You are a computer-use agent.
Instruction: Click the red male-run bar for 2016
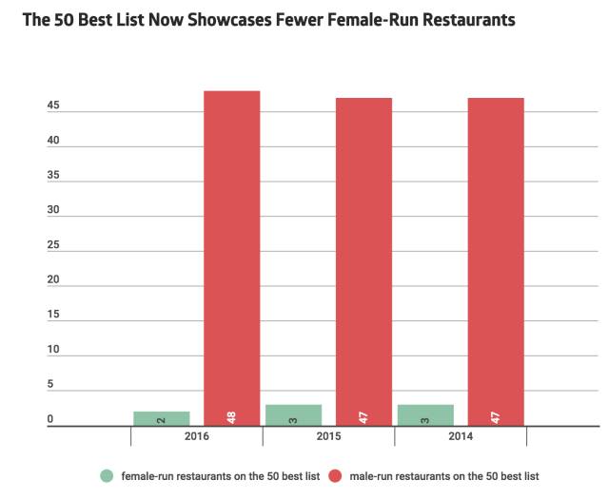[231, 258]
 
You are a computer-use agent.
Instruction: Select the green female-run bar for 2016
[161, 418]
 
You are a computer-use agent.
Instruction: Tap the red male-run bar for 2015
[363, 261]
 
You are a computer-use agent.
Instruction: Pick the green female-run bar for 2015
[293, 415]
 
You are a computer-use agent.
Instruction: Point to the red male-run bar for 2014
[495, 261]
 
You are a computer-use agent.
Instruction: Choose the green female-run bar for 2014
[424, 415]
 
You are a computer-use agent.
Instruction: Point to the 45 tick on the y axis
[53, 106]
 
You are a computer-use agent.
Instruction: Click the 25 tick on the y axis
[53, 245]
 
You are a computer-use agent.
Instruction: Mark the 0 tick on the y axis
[50, 420]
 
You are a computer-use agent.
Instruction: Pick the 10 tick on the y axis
[53, 350]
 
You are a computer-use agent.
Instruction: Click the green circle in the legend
[107, 475]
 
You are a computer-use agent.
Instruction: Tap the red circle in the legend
[335, 475]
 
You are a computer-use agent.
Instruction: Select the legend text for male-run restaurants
[444, 475]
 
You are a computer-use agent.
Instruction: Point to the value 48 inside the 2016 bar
[231, 416]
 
